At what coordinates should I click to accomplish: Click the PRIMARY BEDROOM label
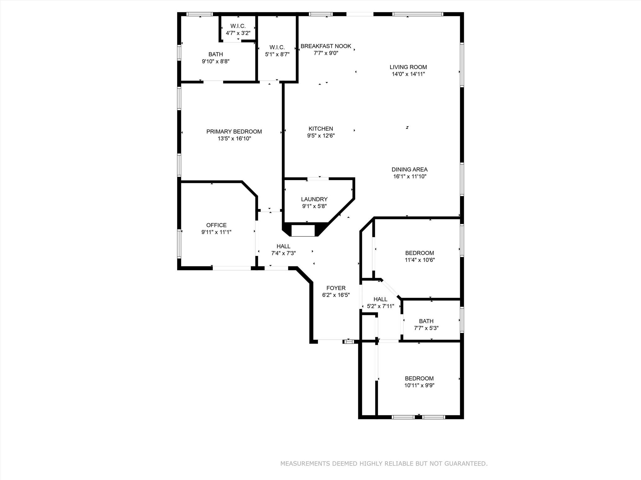(x=234, y=132)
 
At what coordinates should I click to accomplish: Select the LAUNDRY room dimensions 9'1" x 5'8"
(x=314, y=206)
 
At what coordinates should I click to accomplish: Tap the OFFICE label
(x=216, y=225)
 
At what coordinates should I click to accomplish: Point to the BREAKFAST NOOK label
(x=326, y=46)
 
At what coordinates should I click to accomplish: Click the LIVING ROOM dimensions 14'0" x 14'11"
(x=408, y=74)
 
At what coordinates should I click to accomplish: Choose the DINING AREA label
(x=409, y=169)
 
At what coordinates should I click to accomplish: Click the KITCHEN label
(x=320, y=129)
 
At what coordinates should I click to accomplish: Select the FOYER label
(x=336, y=288)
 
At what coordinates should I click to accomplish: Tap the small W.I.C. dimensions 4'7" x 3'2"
(x=238, y=33)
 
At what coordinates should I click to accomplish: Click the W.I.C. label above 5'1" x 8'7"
(x=277, y=47)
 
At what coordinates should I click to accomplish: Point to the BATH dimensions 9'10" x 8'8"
(x=216, y=62)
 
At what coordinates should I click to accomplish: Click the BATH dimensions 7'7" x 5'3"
(x=426, y=328)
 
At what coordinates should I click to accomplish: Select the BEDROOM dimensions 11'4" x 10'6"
(x=419, y=260)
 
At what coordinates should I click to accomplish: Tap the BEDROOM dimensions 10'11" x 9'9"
(x=419, y=385)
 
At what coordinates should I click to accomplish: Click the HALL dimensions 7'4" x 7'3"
(x=283, y=253)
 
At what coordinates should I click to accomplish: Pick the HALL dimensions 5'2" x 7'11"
(x=380, y=306)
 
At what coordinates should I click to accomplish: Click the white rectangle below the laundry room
(x=303, y=231)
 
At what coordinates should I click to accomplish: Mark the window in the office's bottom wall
(x=232, y=268)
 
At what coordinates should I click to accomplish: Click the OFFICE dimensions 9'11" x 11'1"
(x=216, y=232)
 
